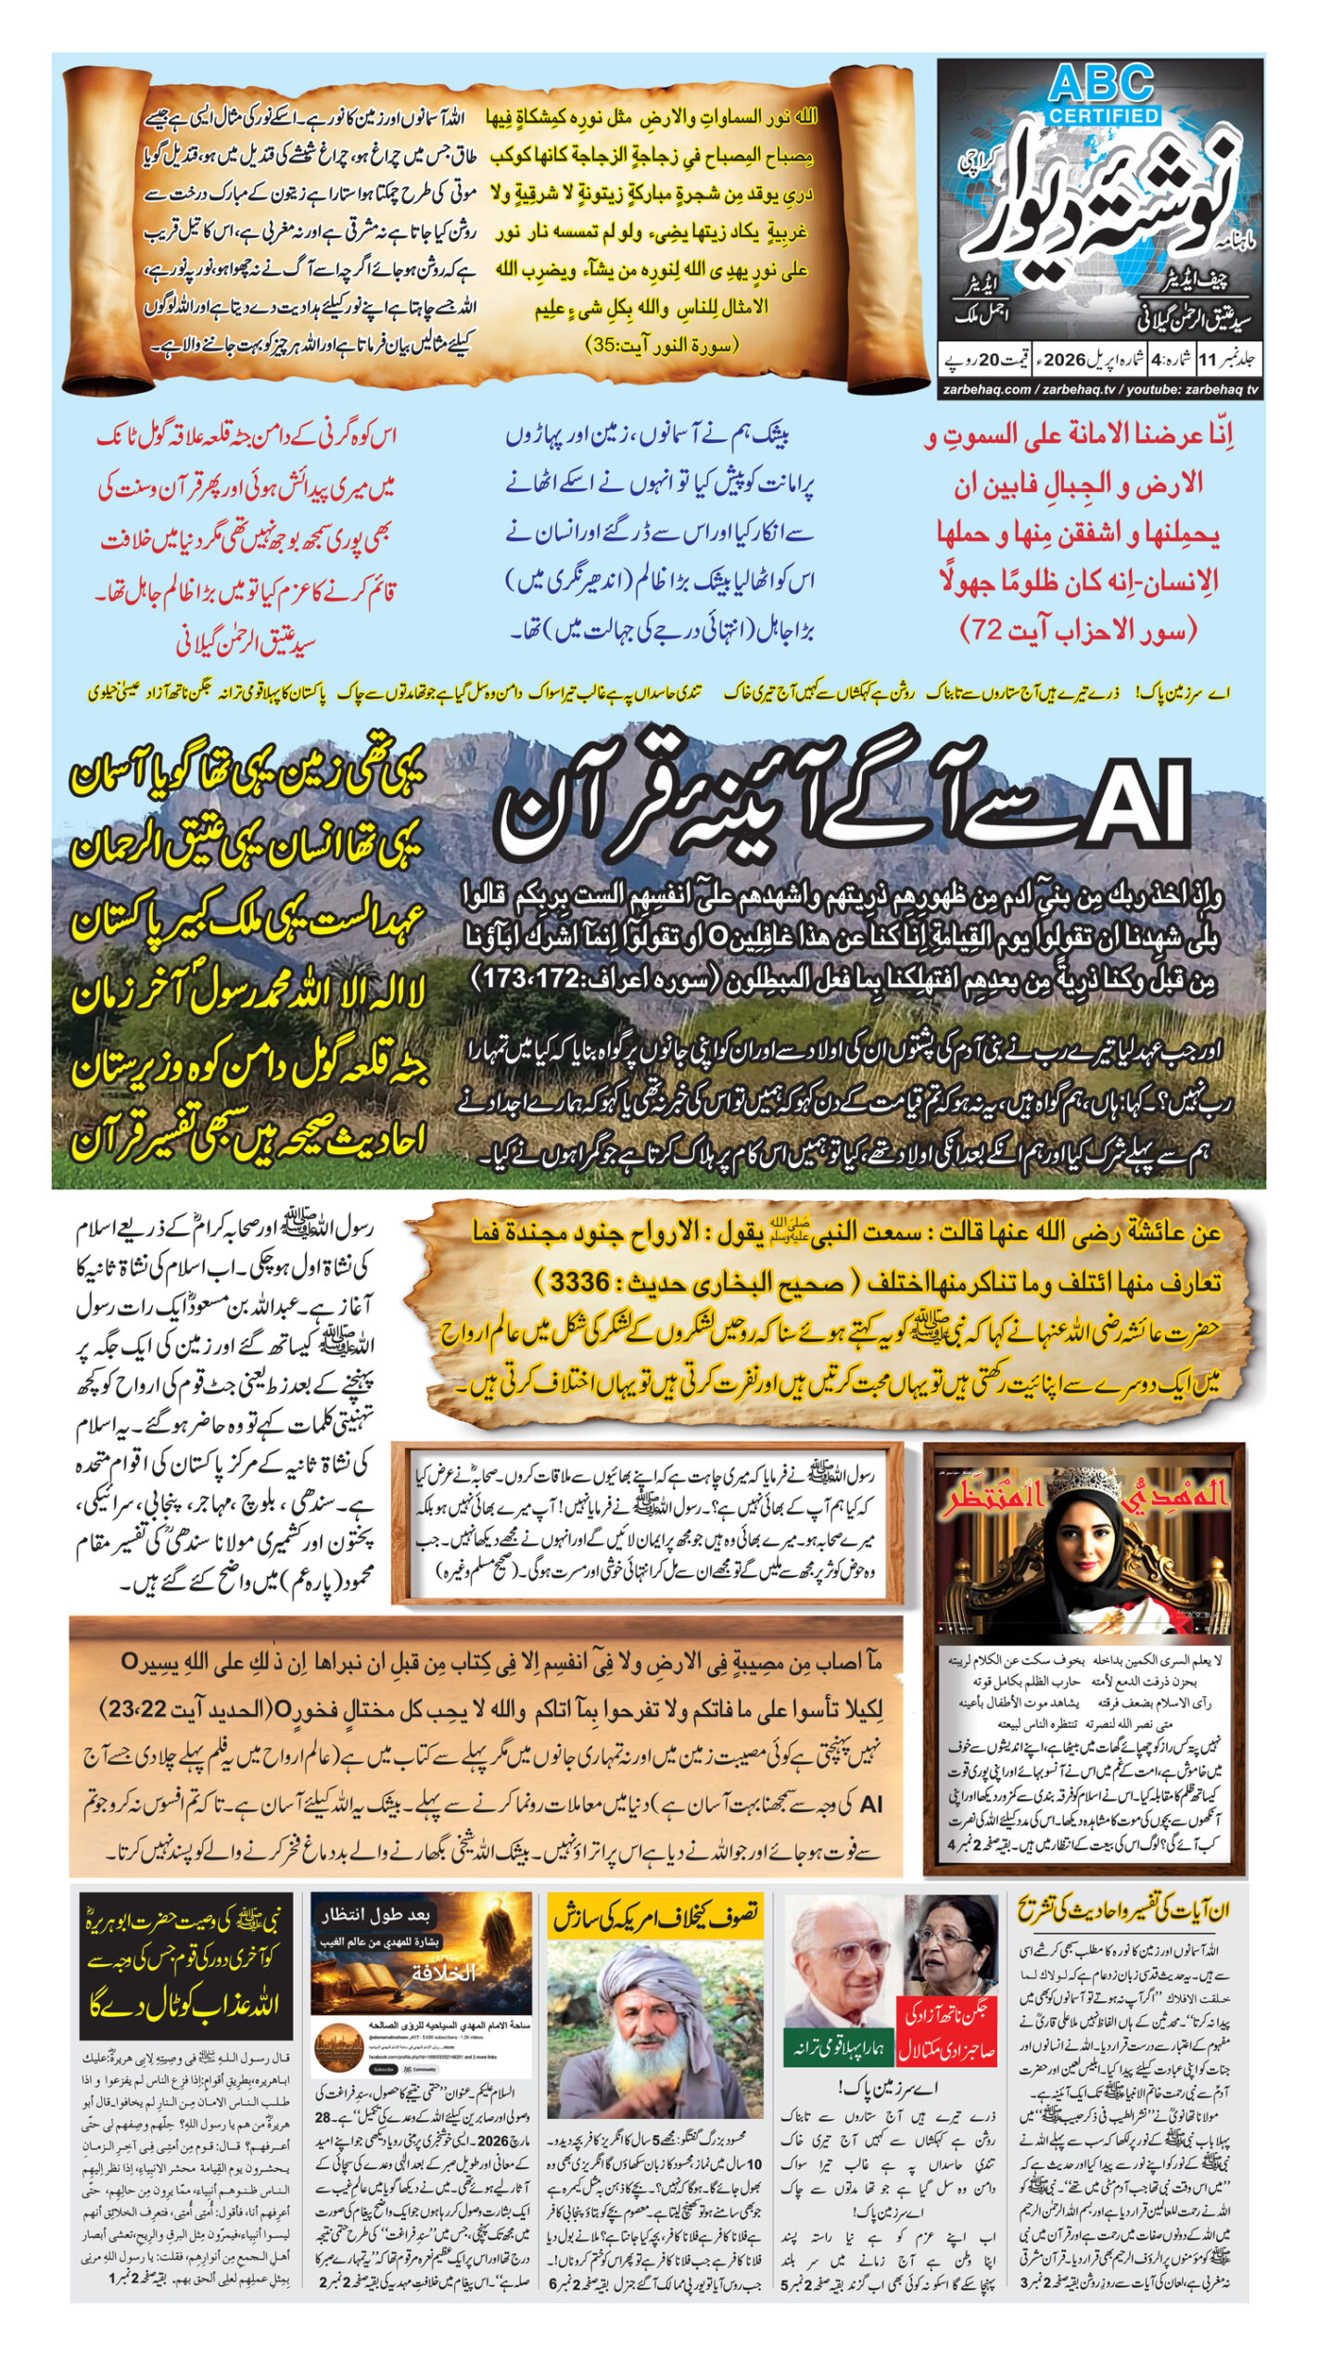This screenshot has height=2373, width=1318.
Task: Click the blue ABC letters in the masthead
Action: tap(1101, 85)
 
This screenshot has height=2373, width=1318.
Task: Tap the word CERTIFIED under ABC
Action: tap(1104, 116)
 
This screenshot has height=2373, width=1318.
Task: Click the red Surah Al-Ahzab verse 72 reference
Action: tap(1079, 630)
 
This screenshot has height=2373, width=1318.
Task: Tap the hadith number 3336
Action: tap(579, 1283)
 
